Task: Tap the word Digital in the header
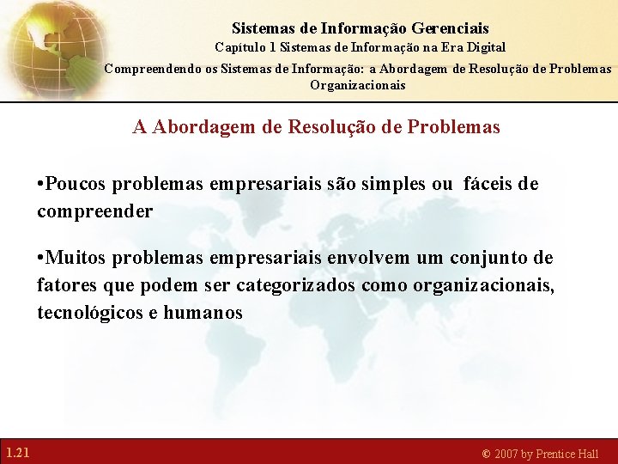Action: pos(485,47)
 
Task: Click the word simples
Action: pos(397,184)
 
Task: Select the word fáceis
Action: pos(491,184)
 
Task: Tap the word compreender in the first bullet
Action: pos(94,211)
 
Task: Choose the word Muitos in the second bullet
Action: pos(78,258)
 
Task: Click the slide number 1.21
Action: pos(18,452)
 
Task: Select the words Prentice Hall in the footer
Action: pos(567,454)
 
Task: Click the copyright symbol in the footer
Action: pos(486,454)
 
